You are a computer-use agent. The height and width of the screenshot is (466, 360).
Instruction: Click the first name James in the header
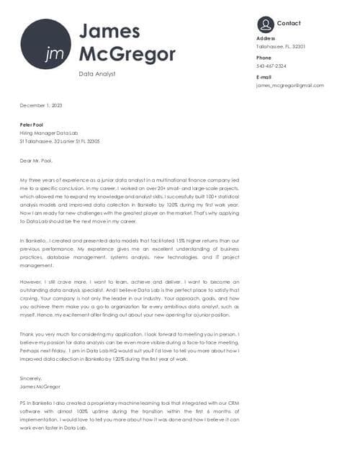point(109,30)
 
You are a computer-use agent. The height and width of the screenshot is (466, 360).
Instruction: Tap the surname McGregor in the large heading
point(127,54)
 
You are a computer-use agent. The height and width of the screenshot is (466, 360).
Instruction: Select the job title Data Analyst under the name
point(97,73)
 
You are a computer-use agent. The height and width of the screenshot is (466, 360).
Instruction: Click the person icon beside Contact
point(265,24)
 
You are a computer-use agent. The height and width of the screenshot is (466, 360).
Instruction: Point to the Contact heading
point(289,24)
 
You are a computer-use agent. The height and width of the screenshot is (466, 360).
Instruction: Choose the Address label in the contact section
point(266,38)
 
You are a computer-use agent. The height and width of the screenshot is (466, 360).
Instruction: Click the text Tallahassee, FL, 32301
point(281,46)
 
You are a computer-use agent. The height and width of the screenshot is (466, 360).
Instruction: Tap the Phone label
point(264,58)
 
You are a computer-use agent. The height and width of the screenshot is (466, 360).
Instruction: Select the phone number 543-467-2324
point(271,66)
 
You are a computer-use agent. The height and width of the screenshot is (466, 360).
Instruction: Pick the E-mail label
point(264,77)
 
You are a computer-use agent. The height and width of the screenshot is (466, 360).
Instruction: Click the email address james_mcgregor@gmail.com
point(289,85)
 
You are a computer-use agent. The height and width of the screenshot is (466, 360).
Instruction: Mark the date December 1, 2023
point(41,105)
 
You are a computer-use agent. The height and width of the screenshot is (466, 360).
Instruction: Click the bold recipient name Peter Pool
point(32,125)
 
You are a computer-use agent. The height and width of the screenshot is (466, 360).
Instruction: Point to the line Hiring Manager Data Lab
point(48,133)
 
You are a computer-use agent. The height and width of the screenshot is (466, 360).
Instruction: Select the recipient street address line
point(60,141)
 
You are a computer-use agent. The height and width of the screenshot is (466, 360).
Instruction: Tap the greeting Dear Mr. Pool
point(37,161)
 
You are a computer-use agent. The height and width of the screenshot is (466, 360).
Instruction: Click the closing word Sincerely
point(31,378)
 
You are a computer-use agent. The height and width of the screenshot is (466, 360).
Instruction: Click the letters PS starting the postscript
point(24,405)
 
